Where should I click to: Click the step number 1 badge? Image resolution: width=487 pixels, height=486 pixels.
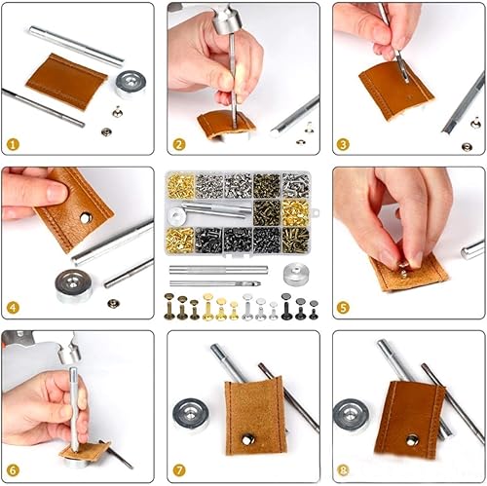[x=13, y=144]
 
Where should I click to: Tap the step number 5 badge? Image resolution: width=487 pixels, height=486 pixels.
[x=344, y=308]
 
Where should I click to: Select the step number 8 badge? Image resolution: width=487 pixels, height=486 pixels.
[x=344, y=470]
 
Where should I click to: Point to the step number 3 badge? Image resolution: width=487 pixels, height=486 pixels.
[x=344, y=144]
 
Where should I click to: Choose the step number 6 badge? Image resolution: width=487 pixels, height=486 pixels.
[x=13, y=470]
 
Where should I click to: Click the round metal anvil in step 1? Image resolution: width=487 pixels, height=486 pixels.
[x=131, y=84]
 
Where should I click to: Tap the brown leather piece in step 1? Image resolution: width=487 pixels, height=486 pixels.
[x=66, y=82]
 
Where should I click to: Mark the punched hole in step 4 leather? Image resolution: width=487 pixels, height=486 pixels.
[x=86, y=218]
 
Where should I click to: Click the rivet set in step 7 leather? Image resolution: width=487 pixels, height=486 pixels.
[x=247, y=439]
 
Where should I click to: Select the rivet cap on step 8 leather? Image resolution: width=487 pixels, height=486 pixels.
[x=413, y=441]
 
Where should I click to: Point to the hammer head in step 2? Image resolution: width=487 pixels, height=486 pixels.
[x=227, y=20]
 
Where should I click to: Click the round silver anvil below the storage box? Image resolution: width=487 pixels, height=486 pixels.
[x=296, y=274]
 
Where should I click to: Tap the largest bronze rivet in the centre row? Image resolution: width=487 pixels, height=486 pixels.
[x=169, y=306]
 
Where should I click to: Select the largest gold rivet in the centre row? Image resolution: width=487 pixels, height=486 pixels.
[x=207, y=307]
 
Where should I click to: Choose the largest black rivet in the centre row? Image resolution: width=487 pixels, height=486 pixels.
[x=286, y=306]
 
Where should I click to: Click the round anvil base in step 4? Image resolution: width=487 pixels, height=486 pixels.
[x=74, y=285]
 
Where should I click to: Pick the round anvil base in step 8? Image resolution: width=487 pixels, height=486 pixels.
[x=352, y=417]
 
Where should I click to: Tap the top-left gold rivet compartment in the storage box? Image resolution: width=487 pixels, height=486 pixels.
[x=181, y=186]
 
